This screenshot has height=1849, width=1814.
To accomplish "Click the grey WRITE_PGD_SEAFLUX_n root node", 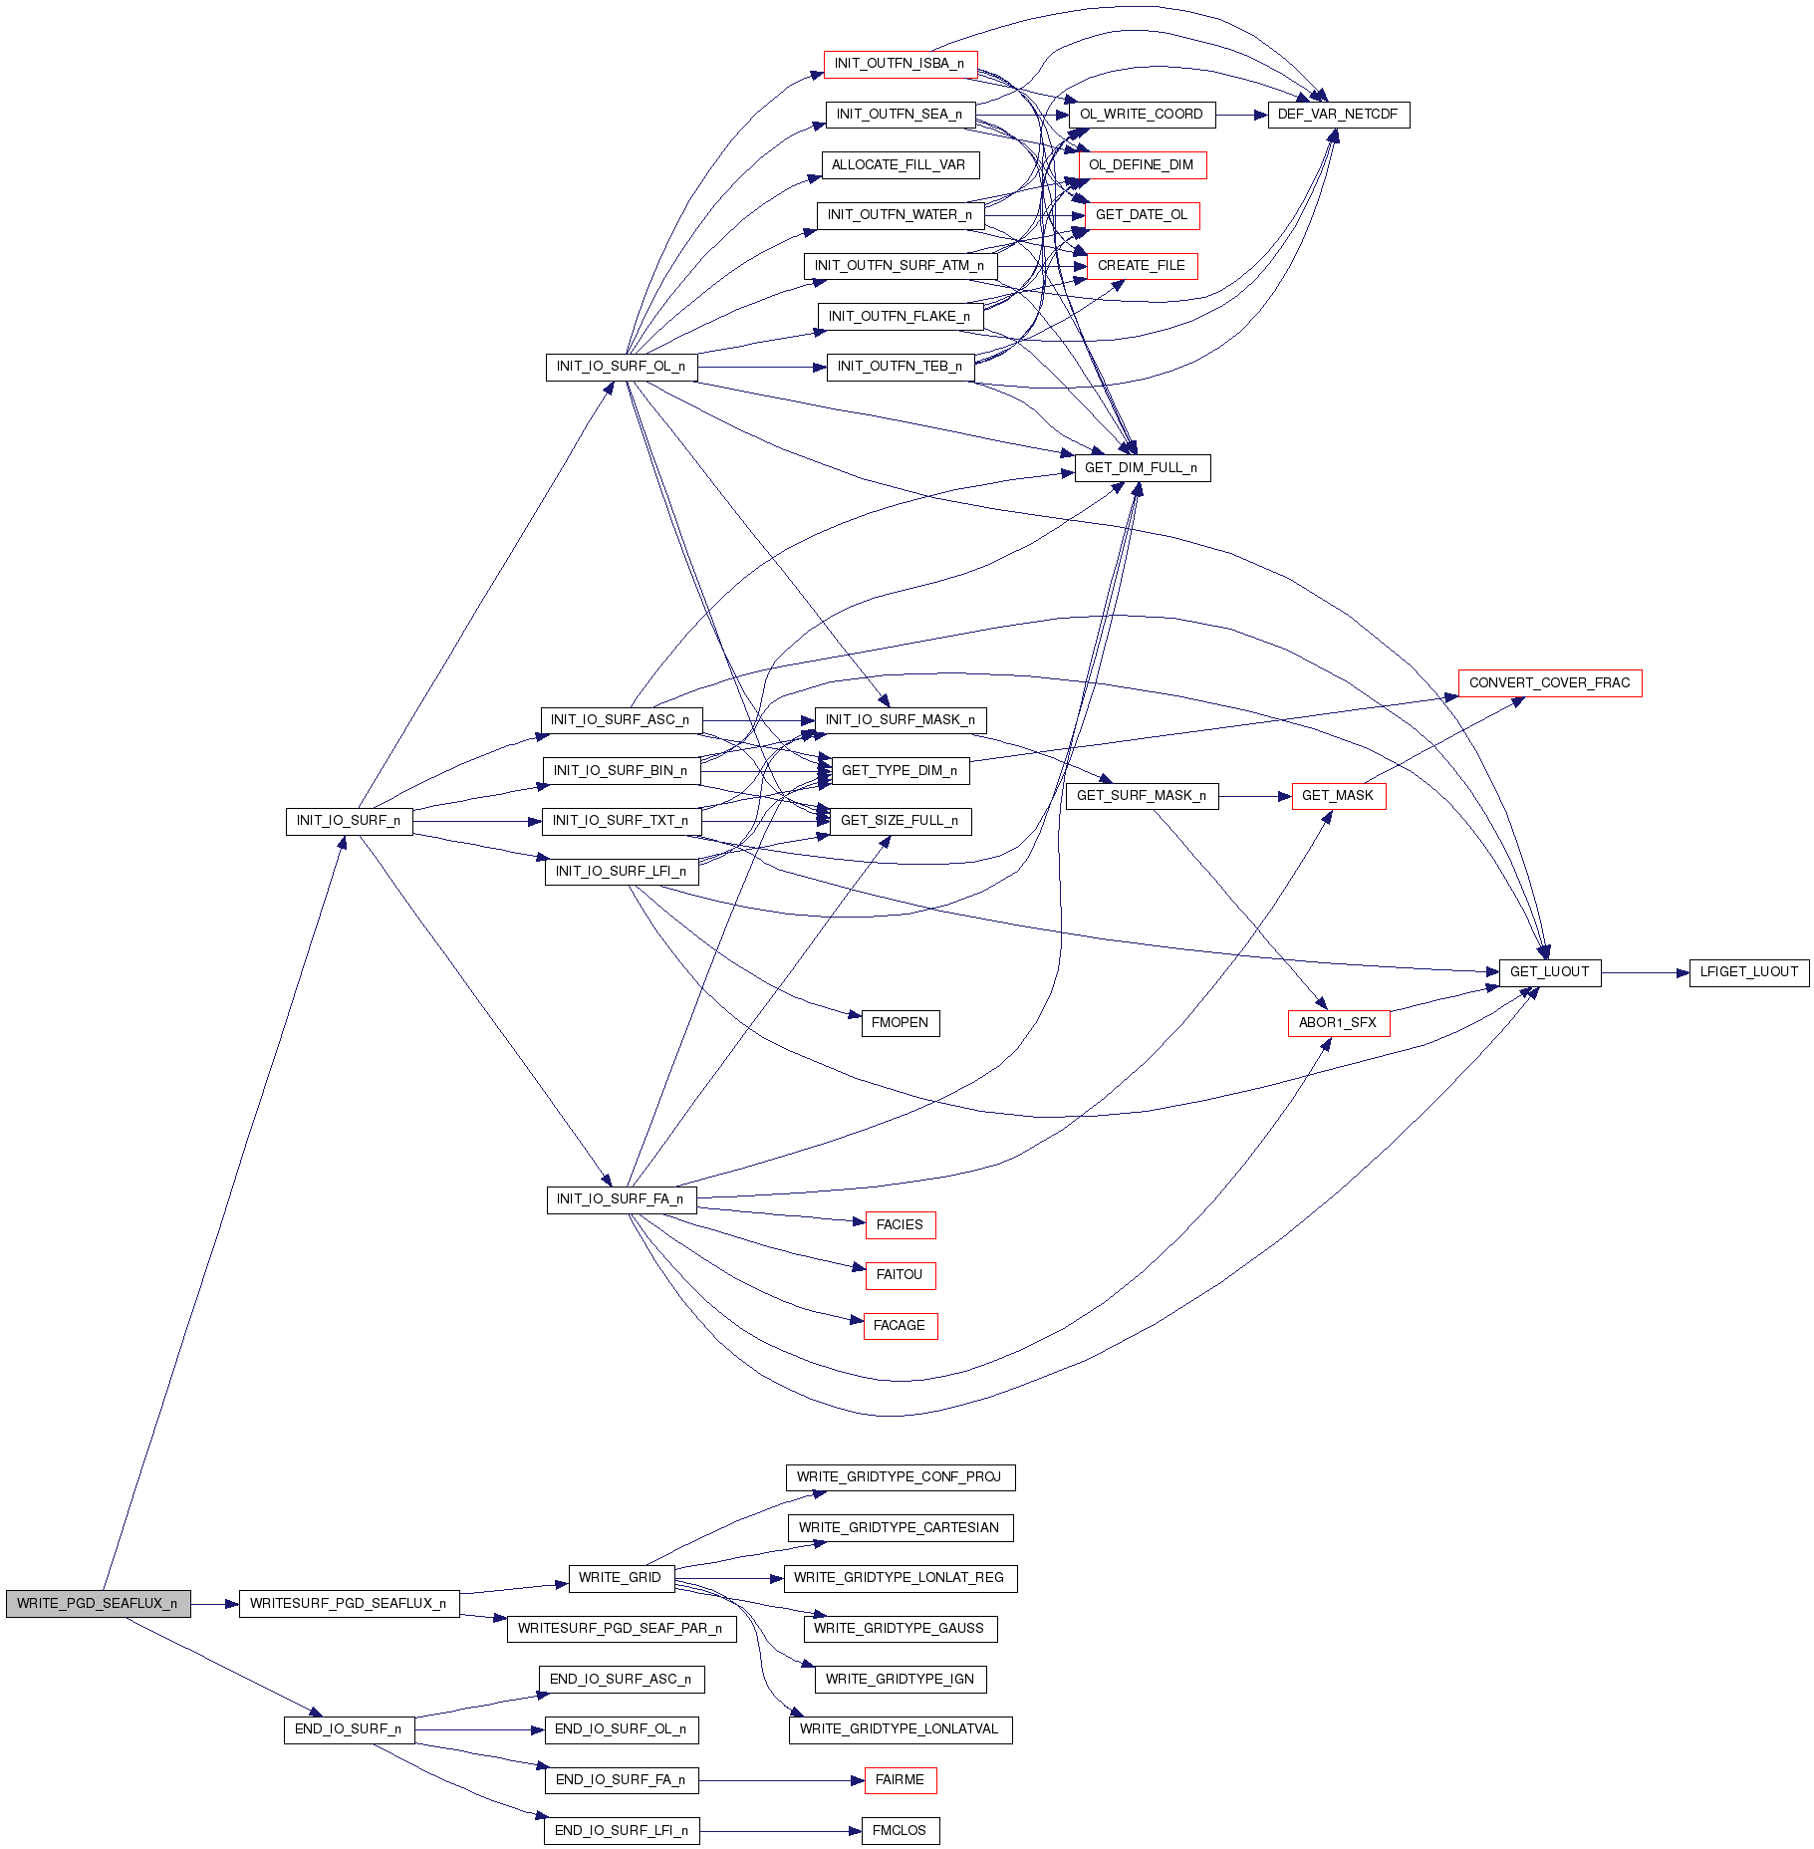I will point(98,1603).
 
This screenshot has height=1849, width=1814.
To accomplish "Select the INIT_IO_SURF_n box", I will point(349,821).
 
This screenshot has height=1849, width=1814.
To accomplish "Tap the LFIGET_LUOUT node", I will point(1748,972).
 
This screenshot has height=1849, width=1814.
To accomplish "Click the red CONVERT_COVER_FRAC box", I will point(1549,683).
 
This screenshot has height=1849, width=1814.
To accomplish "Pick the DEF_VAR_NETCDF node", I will point(1338,115).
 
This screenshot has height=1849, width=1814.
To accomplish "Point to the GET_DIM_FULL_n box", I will point(1142,468).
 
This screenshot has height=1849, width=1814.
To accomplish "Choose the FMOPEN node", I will point(900,1023).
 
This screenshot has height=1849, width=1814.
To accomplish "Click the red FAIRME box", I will point(900,1780).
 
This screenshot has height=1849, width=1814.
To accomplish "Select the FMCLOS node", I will point(900,1831).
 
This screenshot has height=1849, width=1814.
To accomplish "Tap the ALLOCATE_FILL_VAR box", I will point(900,165).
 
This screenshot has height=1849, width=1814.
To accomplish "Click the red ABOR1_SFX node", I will point(1338,1023).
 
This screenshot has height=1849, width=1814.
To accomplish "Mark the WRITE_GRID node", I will point(620,1578).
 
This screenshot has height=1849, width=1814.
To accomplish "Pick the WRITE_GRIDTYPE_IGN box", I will point(900,1680).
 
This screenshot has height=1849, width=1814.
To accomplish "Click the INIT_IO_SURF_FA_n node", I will point(621,1199).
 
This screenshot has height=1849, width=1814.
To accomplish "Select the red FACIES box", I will point(900,1225).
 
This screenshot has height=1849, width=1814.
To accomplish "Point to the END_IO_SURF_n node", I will point(349,1729).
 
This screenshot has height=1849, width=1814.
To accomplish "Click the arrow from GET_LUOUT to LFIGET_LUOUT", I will point(1645,972).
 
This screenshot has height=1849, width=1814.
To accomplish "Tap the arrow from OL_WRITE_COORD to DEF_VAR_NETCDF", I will point(1241,115).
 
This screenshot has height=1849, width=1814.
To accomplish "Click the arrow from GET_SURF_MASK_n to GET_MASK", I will point(1255,796).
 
